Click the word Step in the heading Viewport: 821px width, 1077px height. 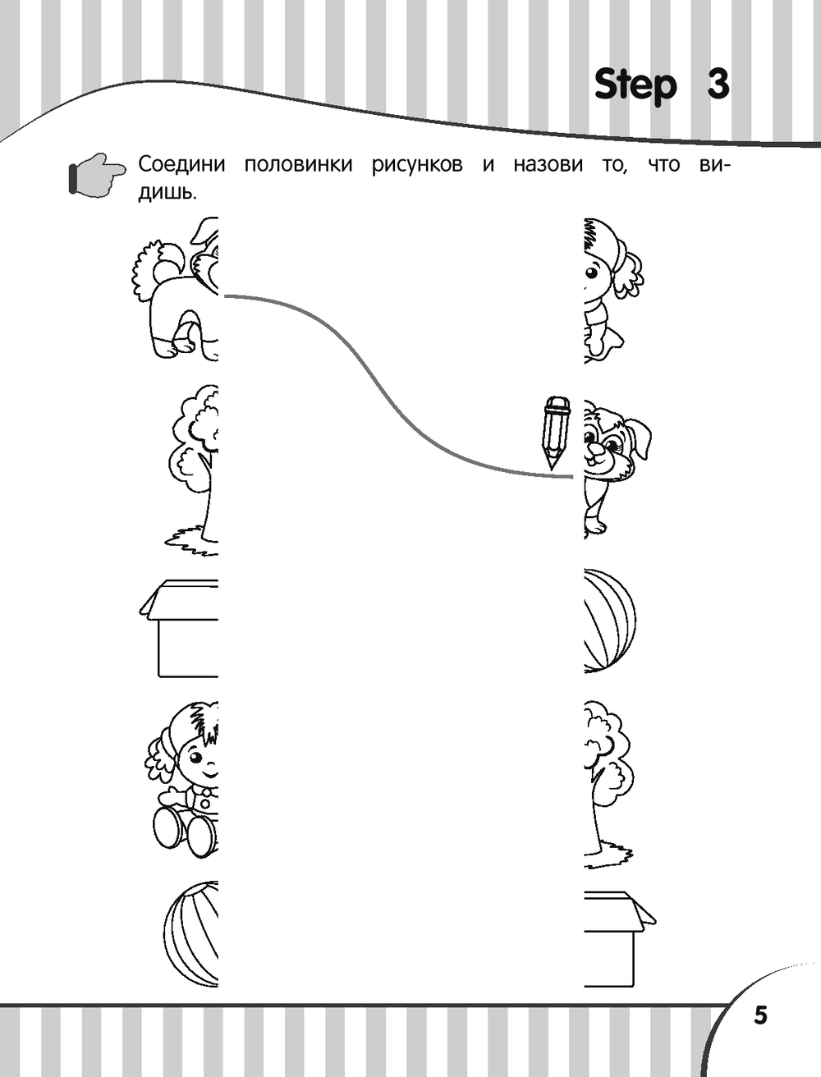[x=635, y=86]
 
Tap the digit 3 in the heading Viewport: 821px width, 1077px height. [x=718, y=84]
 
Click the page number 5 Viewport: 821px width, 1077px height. [x=760, y=1015]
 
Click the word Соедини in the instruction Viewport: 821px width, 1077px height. [x=181, y=164]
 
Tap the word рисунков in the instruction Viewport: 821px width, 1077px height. [x=417, y=165]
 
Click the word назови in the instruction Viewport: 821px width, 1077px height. [x=548, y=164]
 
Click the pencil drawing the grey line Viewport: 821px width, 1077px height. [x=557, y=432]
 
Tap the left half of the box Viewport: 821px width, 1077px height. [x=180, y=629]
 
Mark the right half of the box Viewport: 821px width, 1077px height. [x=619, y=946]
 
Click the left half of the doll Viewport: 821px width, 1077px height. [x=182, y=779]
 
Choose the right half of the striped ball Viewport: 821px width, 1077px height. [x=610, y=621]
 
